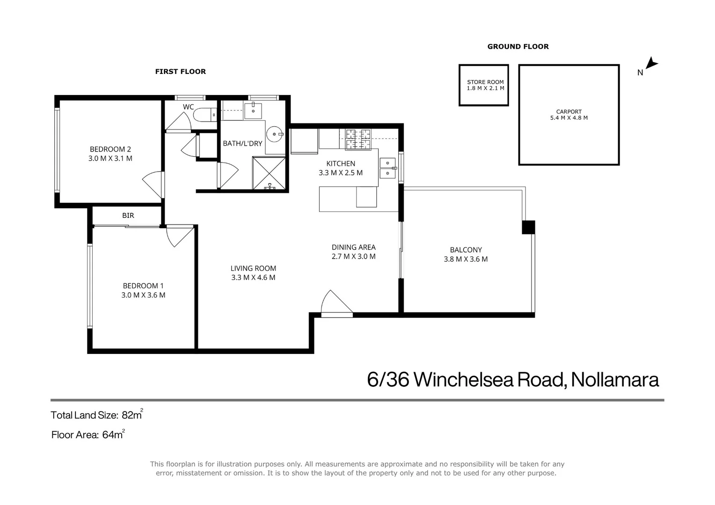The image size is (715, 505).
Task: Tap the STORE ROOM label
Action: (485, 82)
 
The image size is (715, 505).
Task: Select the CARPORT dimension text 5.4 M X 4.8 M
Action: (569, 118)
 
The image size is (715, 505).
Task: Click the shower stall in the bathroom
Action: (269, 173)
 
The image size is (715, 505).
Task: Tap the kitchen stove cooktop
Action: (358, 139)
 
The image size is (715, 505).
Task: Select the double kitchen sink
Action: (387, 168)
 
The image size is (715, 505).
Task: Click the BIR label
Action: (128, 216)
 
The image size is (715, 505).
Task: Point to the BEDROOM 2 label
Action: (110, 149)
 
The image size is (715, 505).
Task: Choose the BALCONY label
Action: (466, 250)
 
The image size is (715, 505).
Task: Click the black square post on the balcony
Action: (528, 227)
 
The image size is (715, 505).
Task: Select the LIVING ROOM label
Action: (253, 268)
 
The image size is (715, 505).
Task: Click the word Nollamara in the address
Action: (614, 379)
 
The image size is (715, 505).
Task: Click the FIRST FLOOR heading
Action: (180, 72)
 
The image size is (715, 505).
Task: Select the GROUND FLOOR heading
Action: (518, 46)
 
